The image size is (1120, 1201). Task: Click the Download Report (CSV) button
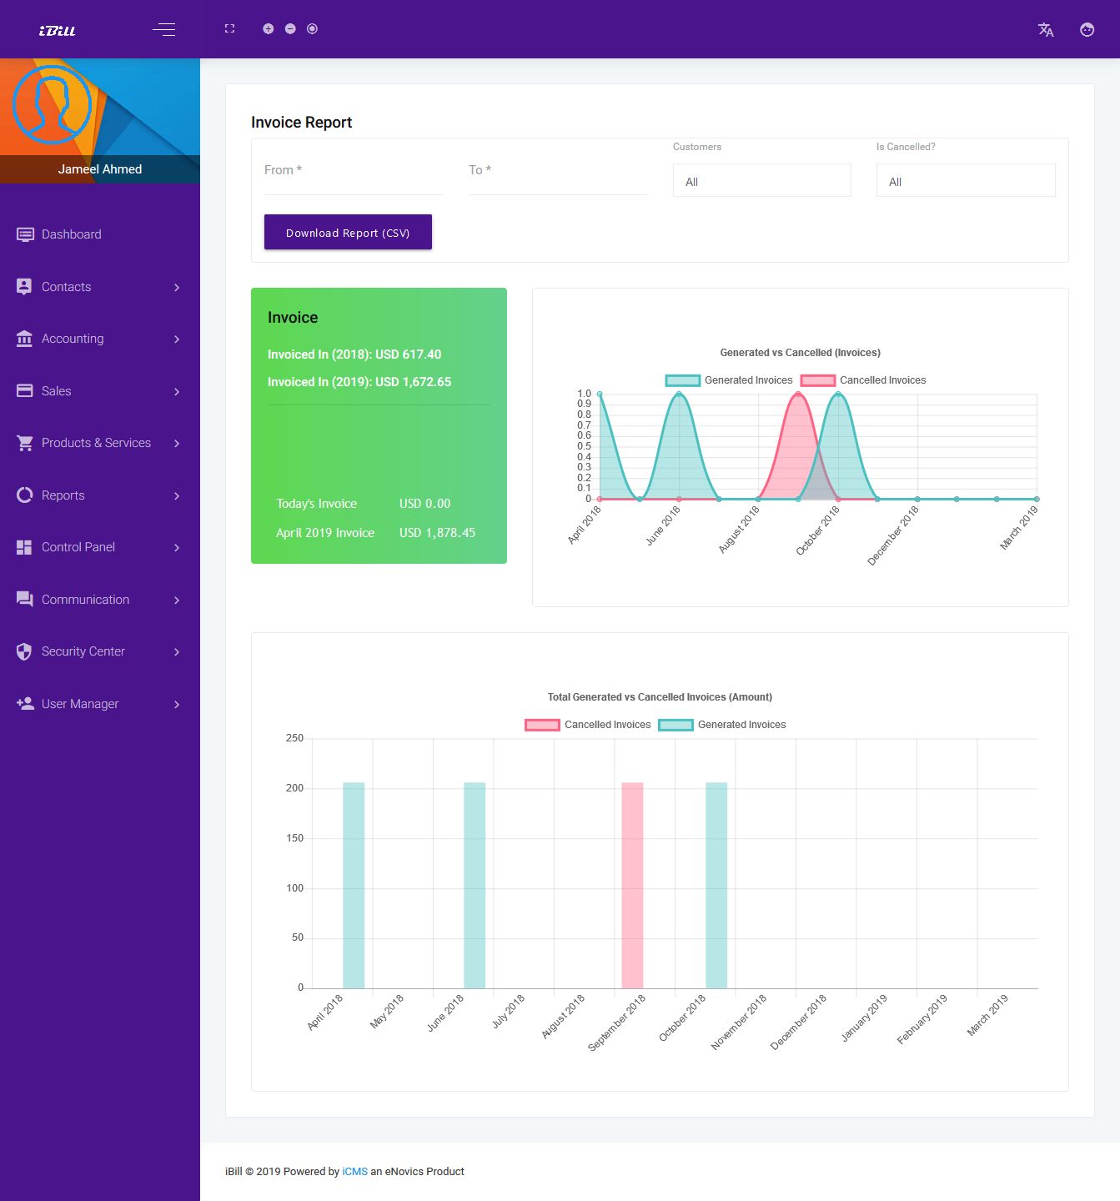(348, 232)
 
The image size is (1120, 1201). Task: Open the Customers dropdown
(761, 181)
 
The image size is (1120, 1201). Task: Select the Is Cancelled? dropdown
(965, 181)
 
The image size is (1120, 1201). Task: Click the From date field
(353, 171)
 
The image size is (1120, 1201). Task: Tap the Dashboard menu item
(72, 234)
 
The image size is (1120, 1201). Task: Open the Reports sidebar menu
(63, 495)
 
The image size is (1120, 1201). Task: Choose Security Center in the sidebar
(83, 651)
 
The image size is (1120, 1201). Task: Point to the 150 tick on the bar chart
(295, 838)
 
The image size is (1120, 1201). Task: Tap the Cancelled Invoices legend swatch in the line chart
(818, 380)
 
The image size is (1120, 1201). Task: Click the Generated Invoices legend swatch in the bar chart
(676, 725)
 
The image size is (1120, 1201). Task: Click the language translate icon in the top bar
(1046, 30)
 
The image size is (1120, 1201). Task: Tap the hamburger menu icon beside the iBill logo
(164, 30)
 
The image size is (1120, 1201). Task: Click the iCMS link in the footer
(354, 1172)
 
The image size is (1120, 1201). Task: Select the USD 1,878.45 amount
(437, 533)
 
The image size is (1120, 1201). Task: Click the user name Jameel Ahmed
(100, 169)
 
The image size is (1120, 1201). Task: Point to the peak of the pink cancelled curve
(798, 394)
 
